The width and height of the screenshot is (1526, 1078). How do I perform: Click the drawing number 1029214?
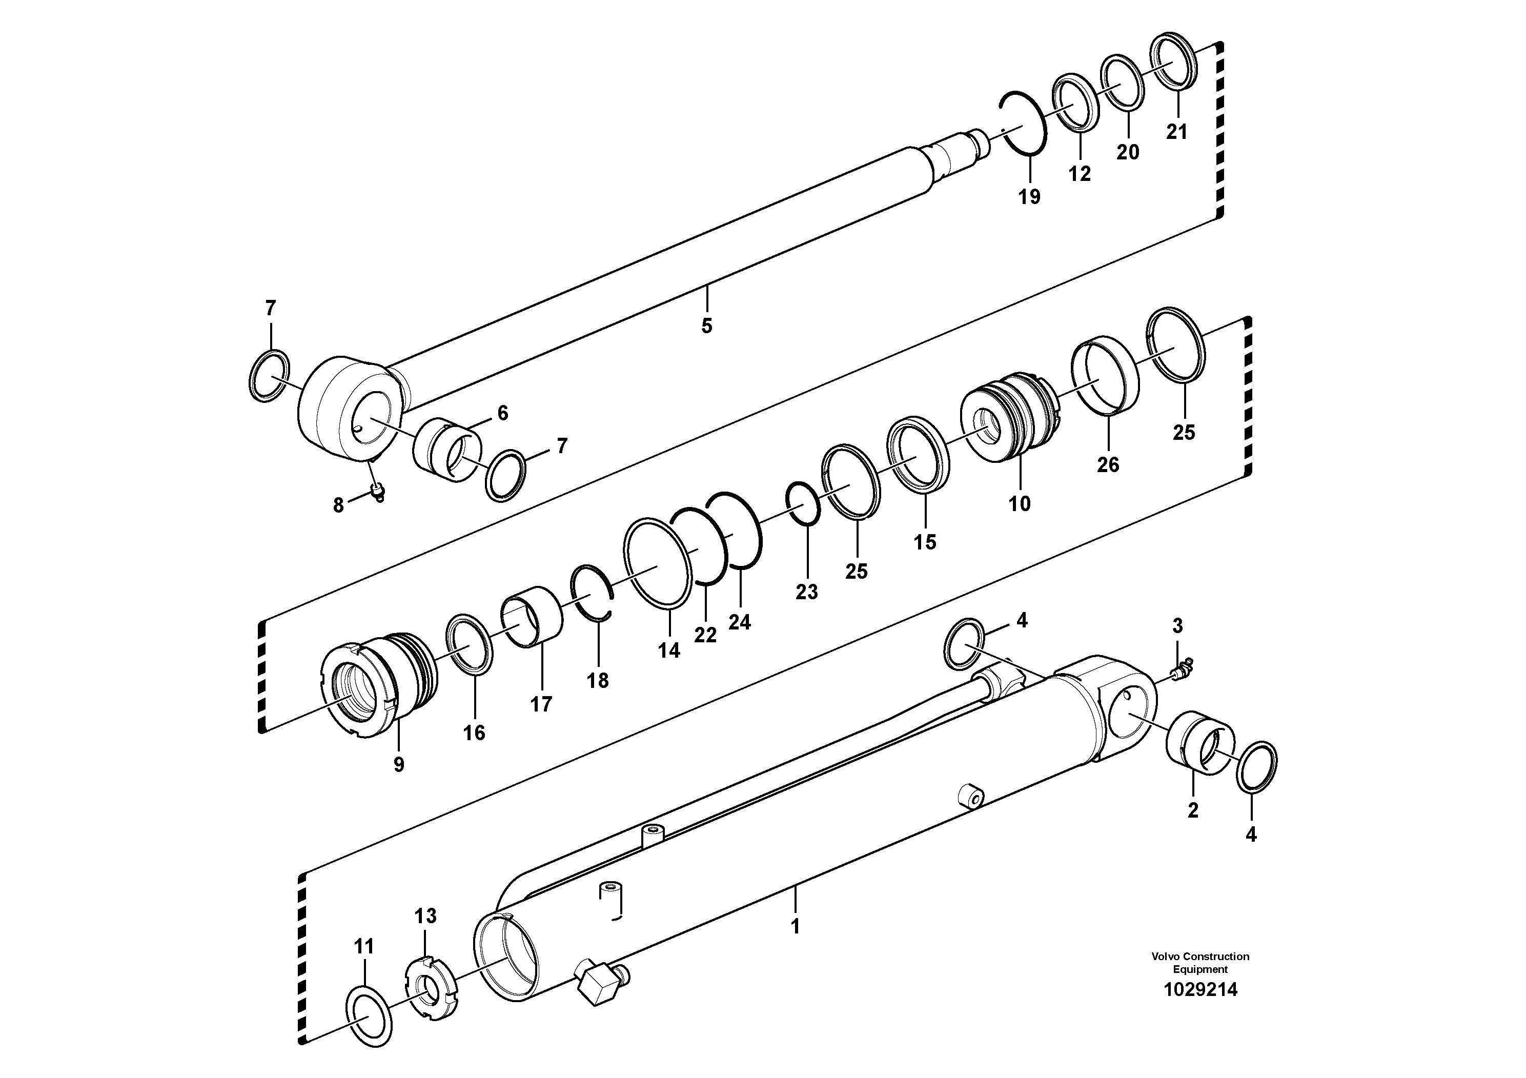pos(1201,990)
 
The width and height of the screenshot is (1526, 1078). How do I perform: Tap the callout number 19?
pos(1029,197)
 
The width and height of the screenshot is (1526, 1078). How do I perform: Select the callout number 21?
pos(1176,132)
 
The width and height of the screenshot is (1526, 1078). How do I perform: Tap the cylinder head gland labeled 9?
pos(379,686)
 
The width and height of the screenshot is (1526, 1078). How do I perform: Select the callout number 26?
pos(1108,464)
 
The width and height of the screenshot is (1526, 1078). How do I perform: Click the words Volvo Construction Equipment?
pos(1201,962)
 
